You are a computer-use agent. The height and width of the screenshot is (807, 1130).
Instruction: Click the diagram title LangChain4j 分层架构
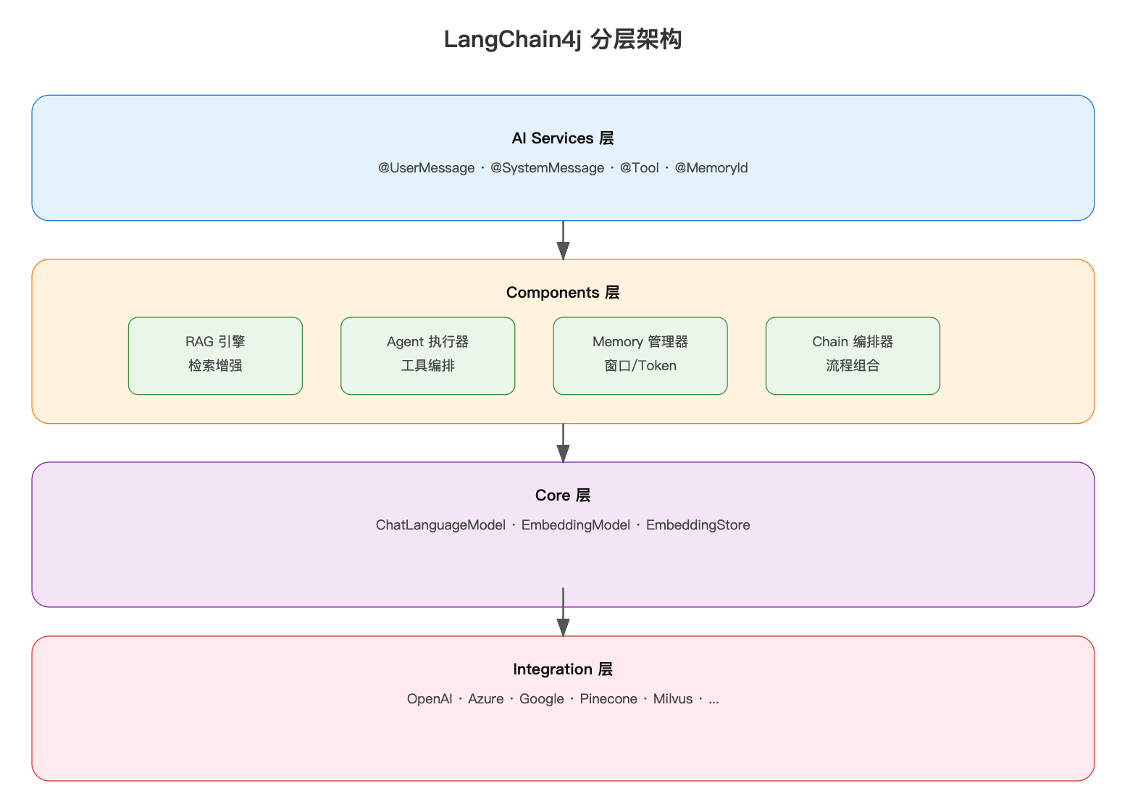coord(563,39)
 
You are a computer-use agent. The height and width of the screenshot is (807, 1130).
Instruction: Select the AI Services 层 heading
coord(563,138)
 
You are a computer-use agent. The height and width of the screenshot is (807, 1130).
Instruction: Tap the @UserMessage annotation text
coord(426,168)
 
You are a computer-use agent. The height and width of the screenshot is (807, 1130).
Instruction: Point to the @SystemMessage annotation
coord(547,168)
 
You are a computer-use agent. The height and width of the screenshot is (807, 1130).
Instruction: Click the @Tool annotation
coord(639,168)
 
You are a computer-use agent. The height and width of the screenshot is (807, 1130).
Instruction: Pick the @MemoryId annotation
coord(711,168)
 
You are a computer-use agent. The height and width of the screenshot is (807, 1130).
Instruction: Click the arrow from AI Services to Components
coord(563,241)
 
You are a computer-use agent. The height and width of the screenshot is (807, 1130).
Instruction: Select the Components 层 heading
coord(563,293)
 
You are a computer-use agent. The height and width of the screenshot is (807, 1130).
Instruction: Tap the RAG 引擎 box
coord(215,356)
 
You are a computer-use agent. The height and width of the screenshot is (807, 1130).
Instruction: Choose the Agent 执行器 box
coord(427,356)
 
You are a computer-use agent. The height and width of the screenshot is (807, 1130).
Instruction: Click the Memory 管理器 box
coord(640,356)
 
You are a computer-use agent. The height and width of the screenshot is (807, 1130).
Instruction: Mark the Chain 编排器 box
coord(853,356)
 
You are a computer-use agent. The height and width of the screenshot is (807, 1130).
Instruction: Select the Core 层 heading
coord(563,496)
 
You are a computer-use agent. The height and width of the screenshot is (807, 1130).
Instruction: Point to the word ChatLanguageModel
coord(440,525)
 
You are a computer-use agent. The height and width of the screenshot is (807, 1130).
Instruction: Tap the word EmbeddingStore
coord(698,525)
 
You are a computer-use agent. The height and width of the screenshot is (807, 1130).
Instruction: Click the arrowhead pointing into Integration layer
coord(563,627)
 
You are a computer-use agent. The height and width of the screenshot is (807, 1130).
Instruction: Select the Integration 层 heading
coord(563,669)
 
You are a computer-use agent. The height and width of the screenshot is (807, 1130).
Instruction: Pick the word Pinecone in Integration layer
coord(608,699)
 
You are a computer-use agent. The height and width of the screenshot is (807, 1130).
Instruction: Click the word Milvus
coord(673,699)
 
